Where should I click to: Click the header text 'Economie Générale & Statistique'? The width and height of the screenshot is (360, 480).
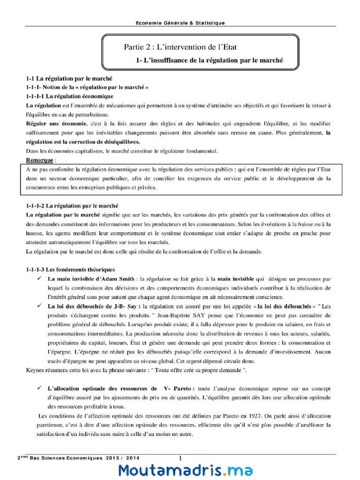[x=180, y=22]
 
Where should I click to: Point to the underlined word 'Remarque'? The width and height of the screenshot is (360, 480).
[x=39, y=160]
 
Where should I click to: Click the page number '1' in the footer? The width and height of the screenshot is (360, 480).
[x=180, y=458]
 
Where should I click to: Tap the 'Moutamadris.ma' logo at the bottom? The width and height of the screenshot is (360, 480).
[x=186, y=470]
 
